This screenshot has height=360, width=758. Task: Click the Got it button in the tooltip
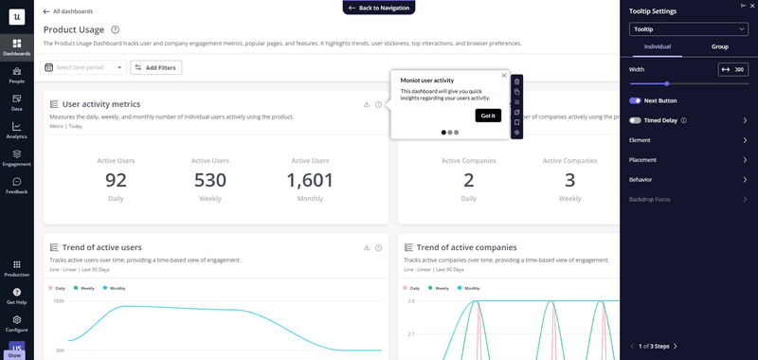(x=488, y=116)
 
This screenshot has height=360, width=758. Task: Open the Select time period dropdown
(x=84, y=67)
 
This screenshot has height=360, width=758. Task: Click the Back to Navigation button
(x=379, y=8)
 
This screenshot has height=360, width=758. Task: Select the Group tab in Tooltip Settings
(x=719, y=46)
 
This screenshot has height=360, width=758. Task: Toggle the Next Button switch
(x=636, y=100)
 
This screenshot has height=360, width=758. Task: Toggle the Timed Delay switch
(x=636, y=120)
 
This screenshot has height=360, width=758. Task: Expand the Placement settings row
(x=689, y=160)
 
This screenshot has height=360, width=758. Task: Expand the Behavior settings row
(x=689, y=179)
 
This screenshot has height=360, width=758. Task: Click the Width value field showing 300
(x=732, y=69)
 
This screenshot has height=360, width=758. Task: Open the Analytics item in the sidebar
(x=16, y=130)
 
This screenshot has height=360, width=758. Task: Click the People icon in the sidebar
(x=16, y=75)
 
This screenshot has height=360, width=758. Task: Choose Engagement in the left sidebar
(x=16, y=157)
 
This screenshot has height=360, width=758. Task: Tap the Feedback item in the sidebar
(x=16, y=185)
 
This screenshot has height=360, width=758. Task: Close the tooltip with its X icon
(x=504, y=75)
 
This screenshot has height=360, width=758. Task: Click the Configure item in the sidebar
(x=16, y=322)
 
